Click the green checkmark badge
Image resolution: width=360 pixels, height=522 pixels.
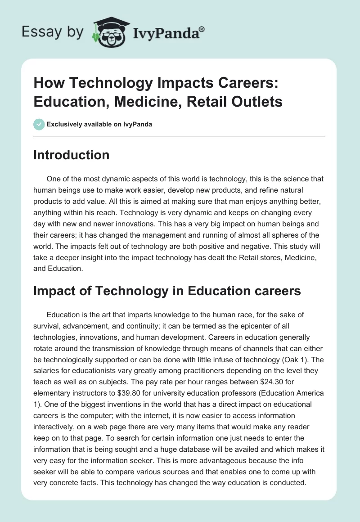tap(39, 124)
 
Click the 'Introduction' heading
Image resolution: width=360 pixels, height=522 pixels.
tap(72, 155)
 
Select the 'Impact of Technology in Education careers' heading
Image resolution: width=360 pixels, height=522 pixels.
tap(167, 291)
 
